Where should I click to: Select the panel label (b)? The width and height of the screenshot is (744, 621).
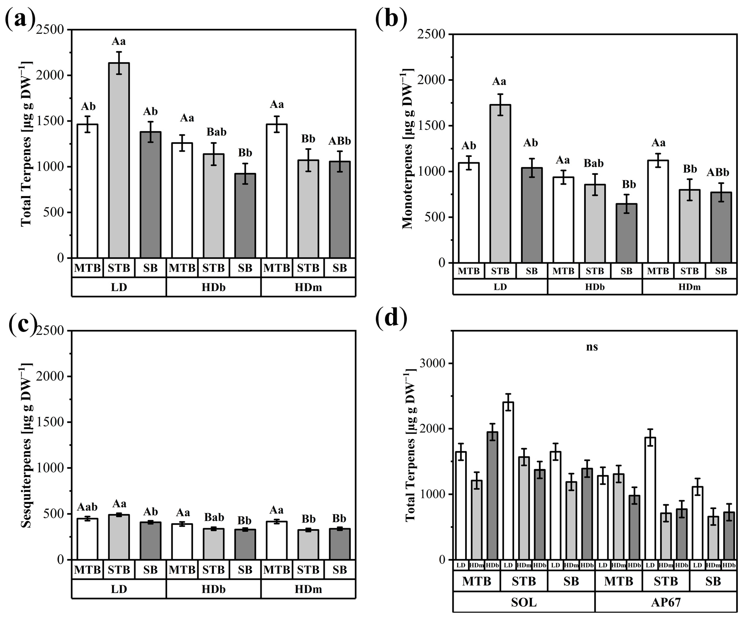[391, 18]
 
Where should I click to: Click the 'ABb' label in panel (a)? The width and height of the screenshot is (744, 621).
[339, 141]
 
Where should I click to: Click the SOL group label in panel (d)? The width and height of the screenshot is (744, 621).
[524, 603]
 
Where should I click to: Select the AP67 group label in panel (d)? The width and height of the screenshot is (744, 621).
[666, 603]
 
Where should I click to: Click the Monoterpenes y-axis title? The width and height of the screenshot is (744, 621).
[408, 149]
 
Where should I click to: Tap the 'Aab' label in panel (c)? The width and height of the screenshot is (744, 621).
[87, 507]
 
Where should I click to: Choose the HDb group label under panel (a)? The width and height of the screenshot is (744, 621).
[213, 287]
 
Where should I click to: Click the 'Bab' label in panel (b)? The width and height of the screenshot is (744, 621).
[594, 164]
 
